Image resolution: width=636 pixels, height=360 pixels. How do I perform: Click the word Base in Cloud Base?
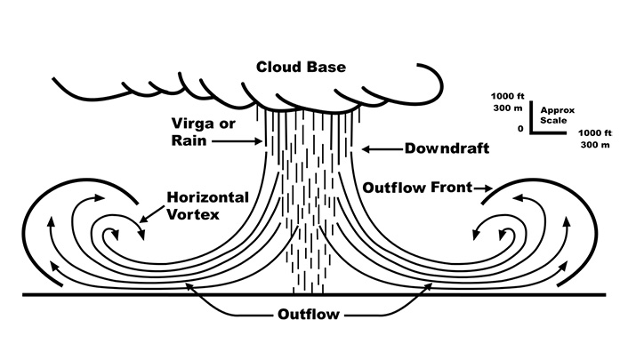tap(328, 67)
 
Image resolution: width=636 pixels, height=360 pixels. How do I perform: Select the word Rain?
tap(189, 140)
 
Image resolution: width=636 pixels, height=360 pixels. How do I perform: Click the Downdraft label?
tap(447, 148)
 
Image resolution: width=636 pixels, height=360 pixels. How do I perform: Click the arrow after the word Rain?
tap(237, 141)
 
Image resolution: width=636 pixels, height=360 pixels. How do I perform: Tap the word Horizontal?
tap(207, 197)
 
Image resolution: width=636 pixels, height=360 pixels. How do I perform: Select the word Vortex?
tap(193, 214)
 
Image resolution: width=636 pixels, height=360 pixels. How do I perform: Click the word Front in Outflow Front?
tap(452, 188)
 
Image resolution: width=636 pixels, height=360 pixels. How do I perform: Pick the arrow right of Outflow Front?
tap(484, 188)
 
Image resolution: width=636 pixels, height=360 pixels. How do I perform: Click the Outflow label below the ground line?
tap(309, 314)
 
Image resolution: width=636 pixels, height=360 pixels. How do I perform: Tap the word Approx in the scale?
tap(558, 110)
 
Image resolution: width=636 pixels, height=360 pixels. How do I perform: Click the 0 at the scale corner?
tap(520, 129)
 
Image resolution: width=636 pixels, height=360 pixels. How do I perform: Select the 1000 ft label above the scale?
tap(507, 97)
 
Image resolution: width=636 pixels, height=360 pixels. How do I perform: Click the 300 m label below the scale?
tap(595, 145)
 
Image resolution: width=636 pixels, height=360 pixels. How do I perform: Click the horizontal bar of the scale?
tap(548, 132)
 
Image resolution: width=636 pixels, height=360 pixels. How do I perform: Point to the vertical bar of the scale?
tap(530, 117)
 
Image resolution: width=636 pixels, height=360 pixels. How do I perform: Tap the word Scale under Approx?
tap(553, 120)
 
